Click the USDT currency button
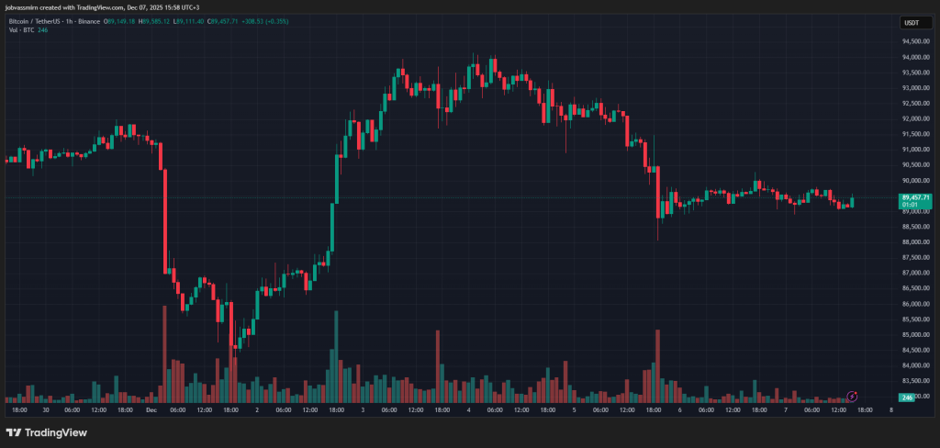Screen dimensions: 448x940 tap(912, 22)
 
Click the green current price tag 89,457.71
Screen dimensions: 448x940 tap(916, 197)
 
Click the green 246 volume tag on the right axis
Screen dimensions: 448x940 tap(907, 397)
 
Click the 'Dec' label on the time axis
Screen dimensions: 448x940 tap(151, 411)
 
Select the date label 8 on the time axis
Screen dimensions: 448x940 tap(891, 411)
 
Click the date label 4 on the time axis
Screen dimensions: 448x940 tap(468, 411)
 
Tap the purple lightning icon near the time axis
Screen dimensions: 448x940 tap(852, 396)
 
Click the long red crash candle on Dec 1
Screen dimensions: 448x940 tap(164, 220)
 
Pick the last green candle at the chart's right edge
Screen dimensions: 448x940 tap(853, 201)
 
